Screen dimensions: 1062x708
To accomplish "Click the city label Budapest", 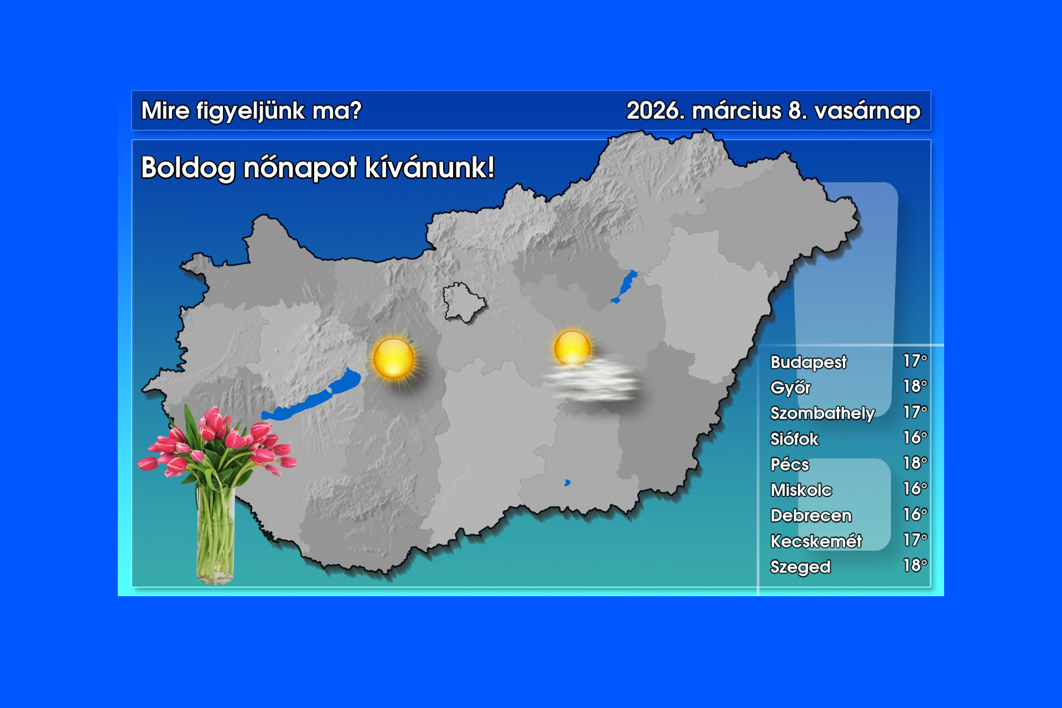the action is click(808, 362).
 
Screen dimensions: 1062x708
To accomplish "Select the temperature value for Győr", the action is click(915, 386).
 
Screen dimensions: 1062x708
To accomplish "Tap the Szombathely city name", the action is click(822, 413).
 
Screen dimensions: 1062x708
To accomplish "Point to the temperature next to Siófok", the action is click(915, 438).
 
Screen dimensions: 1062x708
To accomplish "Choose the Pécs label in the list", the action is click(790, 464).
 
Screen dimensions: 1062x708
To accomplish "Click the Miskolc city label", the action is click(801, 490).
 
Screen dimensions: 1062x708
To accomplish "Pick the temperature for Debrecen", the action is click(915, 514).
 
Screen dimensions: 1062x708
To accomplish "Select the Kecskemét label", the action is click(816, 541).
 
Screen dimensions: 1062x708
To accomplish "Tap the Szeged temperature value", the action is click(915, 565).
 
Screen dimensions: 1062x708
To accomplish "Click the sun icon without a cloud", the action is click(394, 358).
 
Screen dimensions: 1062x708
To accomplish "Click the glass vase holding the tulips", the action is click(215, 534).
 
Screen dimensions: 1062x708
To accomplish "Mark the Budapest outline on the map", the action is click(464, 302).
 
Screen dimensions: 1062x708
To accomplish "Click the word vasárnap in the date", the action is click(867, 111).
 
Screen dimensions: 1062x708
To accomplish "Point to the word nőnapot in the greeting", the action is click(300, 168).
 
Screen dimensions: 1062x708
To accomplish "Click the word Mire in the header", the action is click(165, 111).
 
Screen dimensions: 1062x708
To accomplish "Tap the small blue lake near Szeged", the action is click(567, 483).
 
